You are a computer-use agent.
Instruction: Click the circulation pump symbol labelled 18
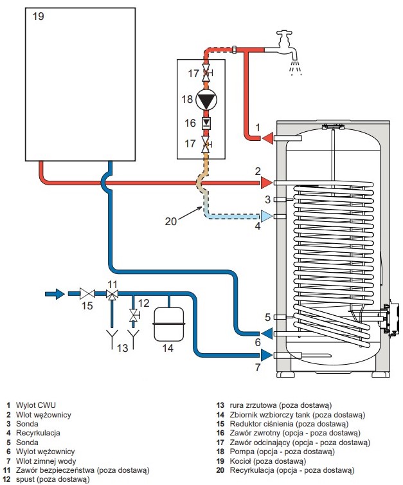pyautogui.click(x=206, y=99)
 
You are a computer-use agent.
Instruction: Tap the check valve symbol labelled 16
pyautogui.click(x=206, y=124)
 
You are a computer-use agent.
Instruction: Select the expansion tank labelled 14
pyautogui.click(x=169, y=324)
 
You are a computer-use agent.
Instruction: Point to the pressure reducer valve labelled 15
pyautogui.click(x=87, y=293)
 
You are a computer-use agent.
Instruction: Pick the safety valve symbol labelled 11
pyautogui.click(x=112, y=294)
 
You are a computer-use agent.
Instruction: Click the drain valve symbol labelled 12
pyautogui.click(x=134, y=315)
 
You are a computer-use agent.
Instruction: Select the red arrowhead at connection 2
pyautogui.click(x=267, y=183)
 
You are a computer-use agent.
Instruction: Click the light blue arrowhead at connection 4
pyautogui.click(x=267, y=216)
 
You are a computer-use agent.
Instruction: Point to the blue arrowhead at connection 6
pyautogui.click(x=267, y=333)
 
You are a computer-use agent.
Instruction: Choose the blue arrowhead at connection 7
pyautogui.click(x=267, y=355)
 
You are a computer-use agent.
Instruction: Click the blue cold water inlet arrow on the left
pyautogui.click(x=55, y=293)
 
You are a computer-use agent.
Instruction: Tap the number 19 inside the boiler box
pyautogui.click(x=39, y=16)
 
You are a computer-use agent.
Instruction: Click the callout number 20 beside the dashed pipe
pyautogui.click(x=170, y=221)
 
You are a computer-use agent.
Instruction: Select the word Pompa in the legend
pyautogui.click(x=242, y=452)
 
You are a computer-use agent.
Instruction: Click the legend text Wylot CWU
pyautogui.click(x=36, y=405)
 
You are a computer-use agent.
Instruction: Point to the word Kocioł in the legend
pyautogui.click(x=240, y=461)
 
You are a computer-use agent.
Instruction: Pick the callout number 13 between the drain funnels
pyautogui.click(x=122, y=348)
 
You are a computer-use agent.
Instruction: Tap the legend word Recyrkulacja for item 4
pyautogui.click(x=38, y=433)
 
